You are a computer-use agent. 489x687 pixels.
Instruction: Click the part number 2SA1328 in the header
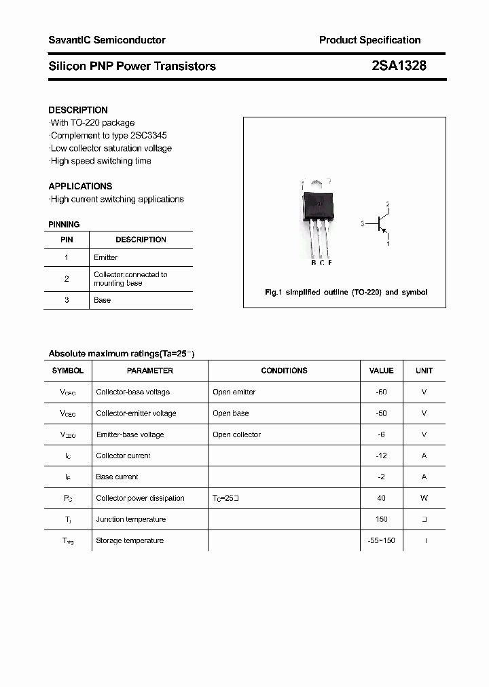click(399, 66)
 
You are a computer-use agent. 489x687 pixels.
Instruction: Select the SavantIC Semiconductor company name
click(107, 40)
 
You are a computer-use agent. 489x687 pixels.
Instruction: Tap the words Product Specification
click(369, 40)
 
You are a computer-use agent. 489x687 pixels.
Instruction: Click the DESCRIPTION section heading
click(78, 110)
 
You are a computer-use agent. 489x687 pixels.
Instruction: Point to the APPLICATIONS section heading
click(80, 186)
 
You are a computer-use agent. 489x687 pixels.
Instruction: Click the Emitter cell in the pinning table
click(105, 257)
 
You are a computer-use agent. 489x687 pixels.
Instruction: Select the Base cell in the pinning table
click(102, 300)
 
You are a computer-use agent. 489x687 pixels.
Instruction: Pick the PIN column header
click(67, 240)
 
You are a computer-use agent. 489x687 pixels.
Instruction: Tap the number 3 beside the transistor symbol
click(363, 223)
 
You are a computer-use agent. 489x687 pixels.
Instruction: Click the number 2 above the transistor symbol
click(388, 204)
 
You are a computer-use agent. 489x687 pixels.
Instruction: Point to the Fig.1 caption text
click(346, 292)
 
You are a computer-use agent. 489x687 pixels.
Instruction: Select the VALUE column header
click(381, 371)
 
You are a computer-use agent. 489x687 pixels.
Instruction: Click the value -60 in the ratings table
click(381, 392)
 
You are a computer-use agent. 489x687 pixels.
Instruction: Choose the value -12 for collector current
click(381, 456)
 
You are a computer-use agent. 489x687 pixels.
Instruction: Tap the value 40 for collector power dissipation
click(381, 498)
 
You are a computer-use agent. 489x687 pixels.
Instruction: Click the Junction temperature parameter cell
click(130, 519)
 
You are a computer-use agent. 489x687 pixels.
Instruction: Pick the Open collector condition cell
click(236, 434)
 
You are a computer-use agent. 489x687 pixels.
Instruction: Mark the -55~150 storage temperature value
click(381, 540)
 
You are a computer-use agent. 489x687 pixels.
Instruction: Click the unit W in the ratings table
click(424, 498)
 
